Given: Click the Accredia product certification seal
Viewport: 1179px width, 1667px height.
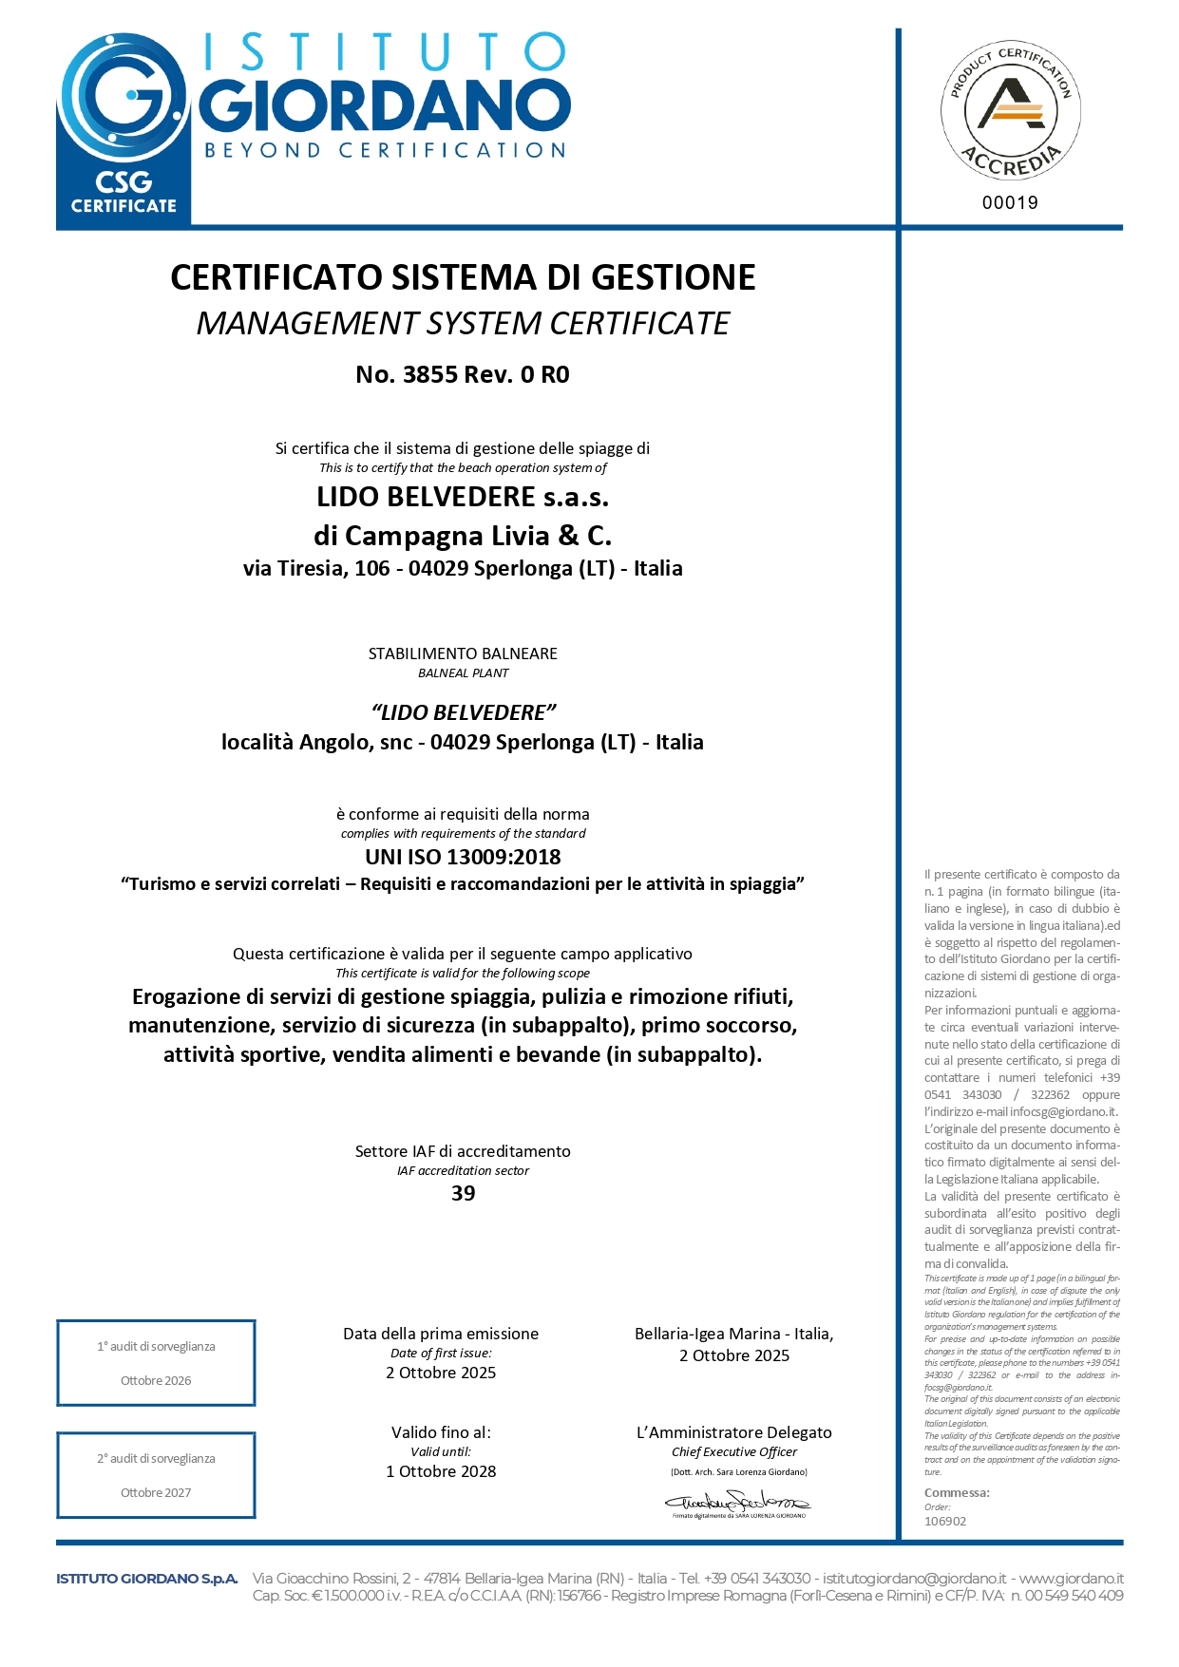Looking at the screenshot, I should pos(1010,110).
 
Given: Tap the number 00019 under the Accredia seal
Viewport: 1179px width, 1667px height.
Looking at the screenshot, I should pos(1010,202).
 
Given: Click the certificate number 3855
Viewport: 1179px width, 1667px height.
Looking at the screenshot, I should pos(430,374).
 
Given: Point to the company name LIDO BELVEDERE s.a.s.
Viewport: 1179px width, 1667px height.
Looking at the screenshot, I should pos(463,497).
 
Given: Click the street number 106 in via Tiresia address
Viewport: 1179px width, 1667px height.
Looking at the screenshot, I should pos(372,568).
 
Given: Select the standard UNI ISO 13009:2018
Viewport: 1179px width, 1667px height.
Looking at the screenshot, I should pos(463,857).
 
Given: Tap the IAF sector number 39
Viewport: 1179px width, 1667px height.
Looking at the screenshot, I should pos(463,1193).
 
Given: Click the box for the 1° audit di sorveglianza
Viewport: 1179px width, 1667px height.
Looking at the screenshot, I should pos(156,1362).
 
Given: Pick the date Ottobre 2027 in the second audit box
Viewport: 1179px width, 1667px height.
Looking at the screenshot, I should pos(156,1492).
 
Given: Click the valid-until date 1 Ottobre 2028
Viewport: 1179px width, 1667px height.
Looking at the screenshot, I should pos(441,1471).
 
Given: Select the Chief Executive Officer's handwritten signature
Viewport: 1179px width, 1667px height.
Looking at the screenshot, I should pos(737,1502).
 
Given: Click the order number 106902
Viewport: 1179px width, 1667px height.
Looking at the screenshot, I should pos(945,1521).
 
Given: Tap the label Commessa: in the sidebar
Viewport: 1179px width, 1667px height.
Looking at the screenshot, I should pos(957,1492).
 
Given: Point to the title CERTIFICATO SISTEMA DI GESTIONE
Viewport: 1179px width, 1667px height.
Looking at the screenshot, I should pos(463,277).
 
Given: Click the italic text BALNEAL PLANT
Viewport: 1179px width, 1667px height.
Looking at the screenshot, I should pos(463,673).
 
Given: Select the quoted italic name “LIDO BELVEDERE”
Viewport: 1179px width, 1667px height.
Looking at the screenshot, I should pos(463,712).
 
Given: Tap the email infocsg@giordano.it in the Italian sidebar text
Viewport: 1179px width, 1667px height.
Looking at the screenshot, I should pos(1063,1111).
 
